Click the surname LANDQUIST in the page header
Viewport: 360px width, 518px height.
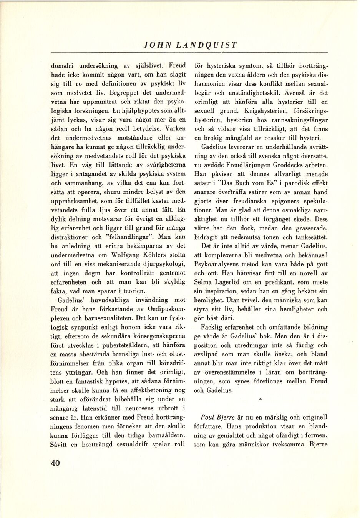[206, 45]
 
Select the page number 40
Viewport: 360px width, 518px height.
[55, 463]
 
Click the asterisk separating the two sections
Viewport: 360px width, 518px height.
[260, 400]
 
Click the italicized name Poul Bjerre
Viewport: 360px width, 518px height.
[217, 417]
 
